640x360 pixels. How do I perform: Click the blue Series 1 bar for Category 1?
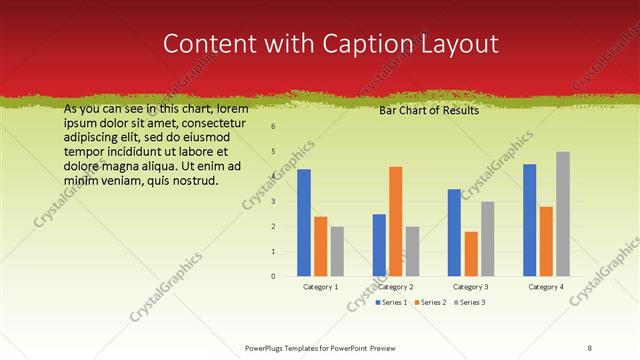click(304, 222)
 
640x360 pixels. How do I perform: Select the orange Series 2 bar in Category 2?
click(396, 220)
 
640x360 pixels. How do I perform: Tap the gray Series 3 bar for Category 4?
click(563, 213)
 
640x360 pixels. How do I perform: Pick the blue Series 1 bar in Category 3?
click(454, 232)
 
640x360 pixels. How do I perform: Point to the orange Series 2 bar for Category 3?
click(471, 253)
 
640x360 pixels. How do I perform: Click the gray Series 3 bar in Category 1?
click(337, 250)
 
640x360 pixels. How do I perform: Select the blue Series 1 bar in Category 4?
click(530, 219)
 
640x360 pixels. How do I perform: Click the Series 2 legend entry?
click(431, 302)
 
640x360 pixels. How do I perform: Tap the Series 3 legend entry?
click(469, 302)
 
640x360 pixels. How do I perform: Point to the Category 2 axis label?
click(395, 287)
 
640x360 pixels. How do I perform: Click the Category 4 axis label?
click(546, 287)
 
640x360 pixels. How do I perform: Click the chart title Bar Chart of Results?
click(428, 110)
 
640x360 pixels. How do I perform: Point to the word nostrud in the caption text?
click(191, 181)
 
